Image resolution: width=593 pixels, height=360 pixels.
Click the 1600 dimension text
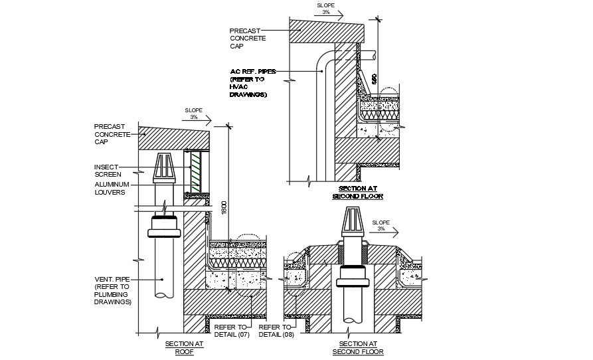(x=224, y=207)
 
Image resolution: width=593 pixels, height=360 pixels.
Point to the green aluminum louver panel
(x=195, y=172)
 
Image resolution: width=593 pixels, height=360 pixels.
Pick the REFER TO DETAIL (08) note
(x=275, y=331)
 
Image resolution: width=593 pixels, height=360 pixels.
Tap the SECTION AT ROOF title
(x=184, y=347)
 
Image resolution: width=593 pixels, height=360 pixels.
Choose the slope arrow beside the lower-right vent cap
(x=384, y=232)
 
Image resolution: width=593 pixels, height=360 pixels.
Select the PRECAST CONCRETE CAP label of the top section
(x=247, y=39)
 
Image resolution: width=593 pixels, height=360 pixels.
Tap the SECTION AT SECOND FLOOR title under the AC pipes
(x=357, y=193)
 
